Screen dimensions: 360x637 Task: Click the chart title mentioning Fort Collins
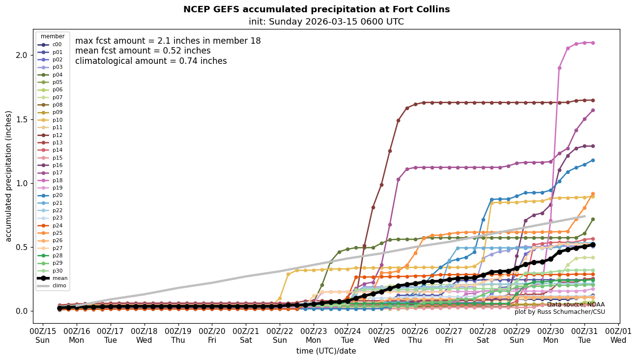coord(317,9)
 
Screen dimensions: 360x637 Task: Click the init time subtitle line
coord(326,22)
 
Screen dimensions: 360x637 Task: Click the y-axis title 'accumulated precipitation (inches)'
coord(8,176)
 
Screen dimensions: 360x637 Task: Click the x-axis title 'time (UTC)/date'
coord(326,351)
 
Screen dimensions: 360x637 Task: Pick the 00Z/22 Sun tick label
coord(280,335)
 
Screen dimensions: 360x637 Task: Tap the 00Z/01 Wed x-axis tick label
coord(618,335)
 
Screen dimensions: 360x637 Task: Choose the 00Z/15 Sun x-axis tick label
coord(43,335)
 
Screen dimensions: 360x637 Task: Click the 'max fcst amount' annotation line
coord(168,41)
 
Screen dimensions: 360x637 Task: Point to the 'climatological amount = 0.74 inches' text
coord(151,61)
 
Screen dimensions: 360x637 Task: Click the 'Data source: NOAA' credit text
coord(576,305)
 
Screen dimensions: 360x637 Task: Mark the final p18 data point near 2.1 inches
coord(593,43)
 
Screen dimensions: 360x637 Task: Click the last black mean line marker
coord(593,245)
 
